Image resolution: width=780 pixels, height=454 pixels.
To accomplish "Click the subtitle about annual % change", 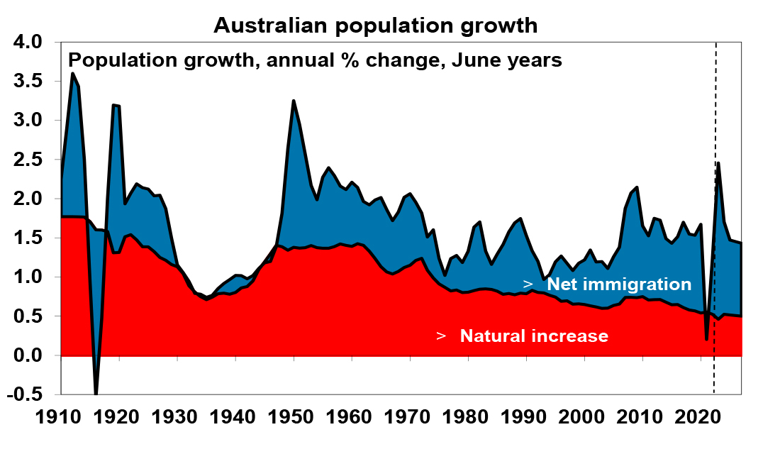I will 315,60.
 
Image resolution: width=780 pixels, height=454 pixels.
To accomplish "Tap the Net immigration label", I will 618,284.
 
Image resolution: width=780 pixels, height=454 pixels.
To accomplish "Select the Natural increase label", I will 534,336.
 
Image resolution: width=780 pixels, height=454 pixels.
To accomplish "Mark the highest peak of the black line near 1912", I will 73,73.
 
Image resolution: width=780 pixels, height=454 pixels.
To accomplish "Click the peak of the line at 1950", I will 294,101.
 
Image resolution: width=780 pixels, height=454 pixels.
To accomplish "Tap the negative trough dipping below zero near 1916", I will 96,392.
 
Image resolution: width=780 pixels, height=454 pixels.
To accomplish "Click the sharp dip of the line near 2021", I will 707,339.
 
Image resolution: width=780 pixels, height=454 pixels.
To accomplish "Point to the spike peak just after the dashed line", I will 718,163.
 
